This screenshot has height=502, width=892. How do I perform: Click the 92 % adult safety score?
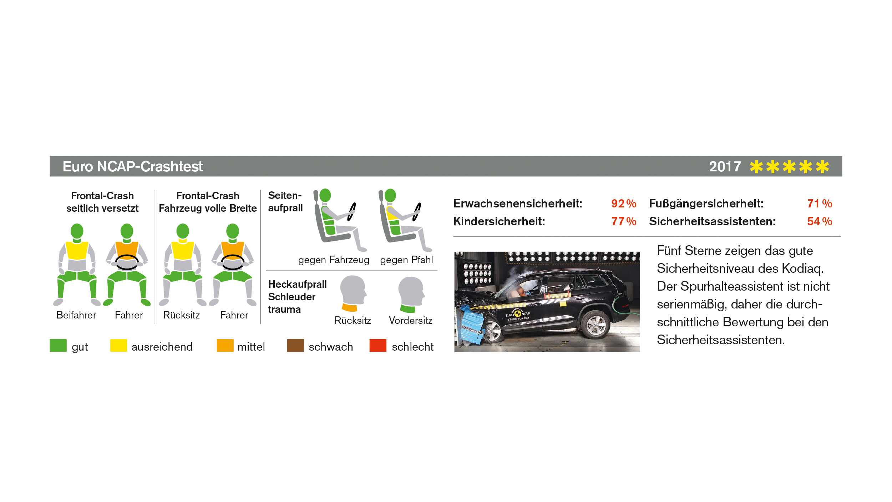click(x=624, y=204)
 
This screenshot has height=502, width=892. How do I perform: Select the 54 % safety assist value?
click(x=820, y=221)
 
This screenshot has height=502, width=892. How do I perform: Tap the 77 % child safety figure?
click(x=624, y=221)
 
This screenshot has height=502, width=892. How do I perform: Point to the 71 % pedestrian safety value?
click(x=820, y=204)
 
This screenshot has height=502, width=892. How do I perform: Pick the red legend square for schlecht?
click(x=378, y=345)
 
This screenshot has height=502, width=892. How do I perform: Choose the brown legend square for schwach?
click(x=295, y=345)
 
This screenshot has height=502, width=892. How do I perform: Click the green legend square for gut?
click(x=58, y=345)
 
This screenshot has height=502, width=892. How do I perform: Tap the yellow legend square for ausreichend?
click(x=118, y=345)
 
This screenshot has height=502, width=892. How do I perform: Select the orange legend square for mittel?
click(x=225, y=345)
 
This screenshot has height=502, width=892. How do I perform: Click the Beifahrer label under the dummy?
click(x=76, y=315)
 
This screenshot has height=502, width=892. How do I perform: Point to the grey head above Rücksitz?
click(x=353, y=290)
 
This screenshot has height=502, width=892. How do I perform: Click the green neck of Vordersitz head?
click(x=408, y=308)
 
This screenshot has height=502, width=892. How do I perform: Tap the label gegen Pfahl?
click(x=406, y=260)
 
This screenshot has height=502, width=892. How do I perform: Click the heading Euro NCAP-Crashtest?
click(x=133, y=167)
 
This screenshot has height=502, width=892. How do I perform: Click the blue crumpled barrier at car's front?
click(x=472, y=325)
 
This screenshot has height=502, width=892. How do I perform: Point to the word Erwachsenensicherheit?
click(x=517, y=204)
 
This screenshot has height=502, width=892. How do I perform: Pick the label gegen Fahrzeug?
click(x=334, y=260)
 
